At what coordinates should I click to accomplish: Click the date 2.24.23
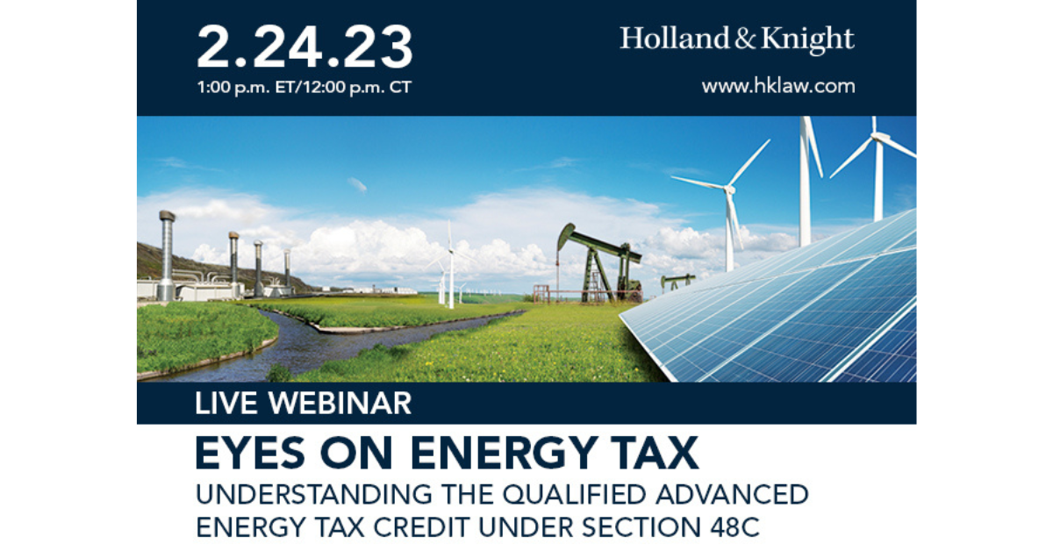(304, 47)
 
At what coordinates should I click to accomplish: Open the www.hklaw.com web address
(777, 86)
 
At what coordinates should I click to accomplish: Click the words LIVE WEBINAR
(303, 404)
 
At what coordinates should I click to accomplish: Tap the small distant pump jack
(677, 282)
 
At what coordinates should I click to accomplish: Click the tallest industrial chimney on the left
(167, 254)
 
